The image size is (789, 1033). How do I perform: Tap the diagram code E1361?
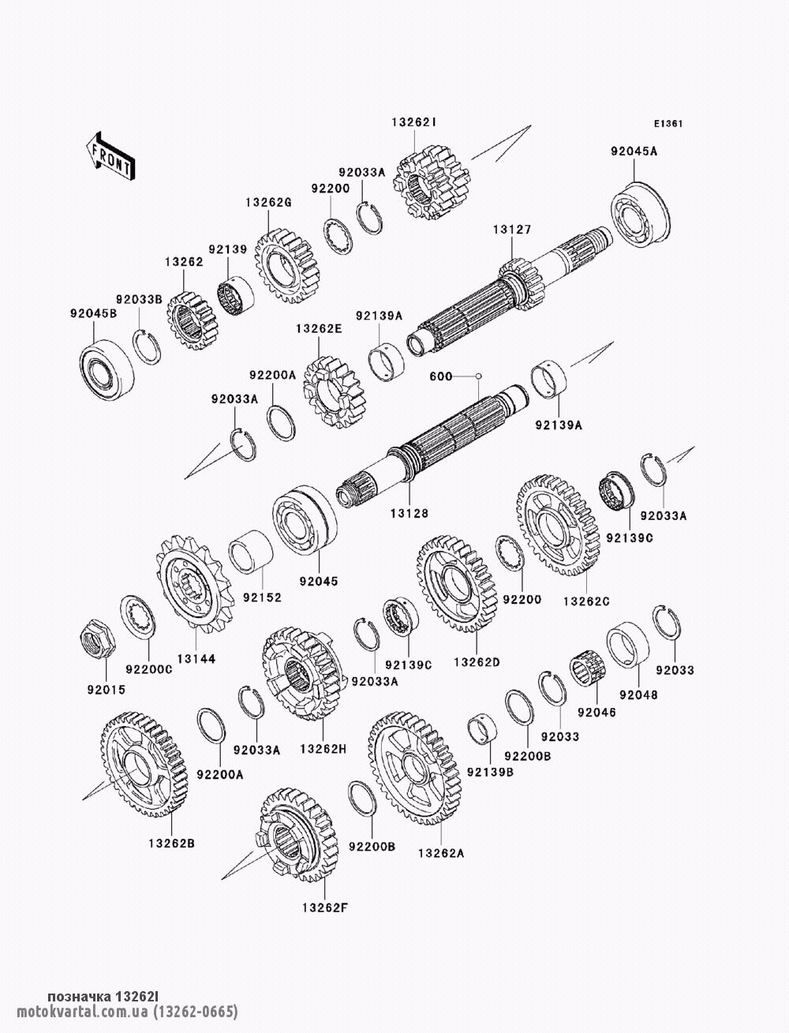coord(668,124)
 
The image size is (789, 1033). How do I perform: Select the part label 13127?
coord(512,230)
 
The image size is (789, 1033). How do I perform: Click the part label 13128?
coord(409,513)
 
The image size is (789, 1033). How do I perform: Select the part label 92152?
coord(262,597)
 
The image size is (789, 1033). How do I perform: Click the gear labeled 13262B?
coord(144,763)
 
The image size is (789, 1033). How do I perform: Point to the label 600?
coord(441,376)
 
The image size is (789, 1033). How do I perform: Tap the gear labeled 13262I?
coord(432,182)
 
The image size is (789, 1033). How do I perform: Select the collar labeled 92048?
coord(627,645)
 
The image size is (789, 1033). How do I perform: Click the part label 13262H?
coord(323,749)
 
